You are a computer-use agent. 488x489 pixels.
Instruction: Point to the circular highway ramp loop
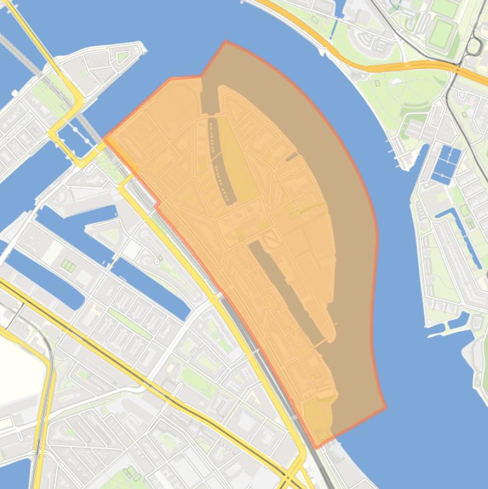click(x=474, y=46)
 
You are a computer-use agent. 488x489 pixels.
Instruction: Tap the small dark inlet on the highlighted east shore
click(x=292, y=156)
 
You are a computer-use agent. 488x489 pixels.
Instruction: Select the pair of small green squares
click(x=68, y=265)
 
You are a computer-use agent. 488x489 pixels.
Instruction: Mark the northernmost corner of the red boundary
click(x=225, y=42)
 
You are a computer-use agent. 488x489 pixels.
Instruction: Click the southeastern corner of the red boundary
click(x=385, y=406)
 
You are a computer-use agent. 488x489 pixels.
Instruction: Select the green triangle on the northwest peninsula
click(x=122, y=58)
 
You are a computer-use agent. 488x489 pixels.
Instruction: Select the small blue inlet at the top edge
click(x=338, y=8)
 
